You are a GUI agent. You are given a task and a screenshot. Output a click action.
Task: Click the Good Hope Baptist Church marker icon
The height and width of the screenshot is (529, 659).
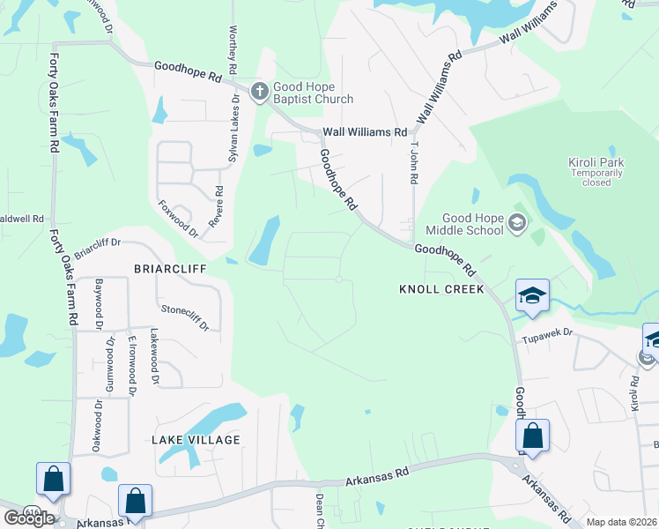(260, 92)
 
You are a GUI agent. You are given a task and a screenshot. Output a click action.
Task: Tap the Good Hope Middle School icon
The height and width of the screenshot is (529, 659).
(517, 226)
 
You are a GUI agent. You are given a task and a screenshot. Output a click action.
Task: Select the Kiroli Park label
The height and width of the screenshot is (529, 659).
(596, 172)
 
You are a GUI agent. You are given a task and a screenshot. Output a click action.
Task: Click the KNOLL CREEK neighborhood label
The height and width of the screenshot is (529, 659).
(441, 289)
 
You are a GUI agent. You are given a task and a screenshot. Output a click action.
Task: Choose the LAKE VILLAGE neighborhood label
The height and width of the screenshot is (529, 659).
(196, 439)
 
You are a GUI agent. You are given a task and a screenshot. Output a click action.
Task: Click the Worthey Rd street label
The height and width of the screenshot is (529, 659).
(233, 48)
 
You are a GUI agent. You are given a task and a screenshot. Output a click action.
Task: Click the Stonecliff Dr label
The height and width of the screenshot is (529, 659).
(185, 317)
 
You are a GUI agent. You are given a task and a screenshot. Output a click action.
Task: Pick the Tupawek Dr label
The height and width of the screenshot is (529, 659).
(547, 334)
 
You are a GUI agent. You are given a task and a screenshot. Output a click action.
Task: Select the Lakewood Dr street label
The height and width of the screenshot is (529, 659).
(154, 357)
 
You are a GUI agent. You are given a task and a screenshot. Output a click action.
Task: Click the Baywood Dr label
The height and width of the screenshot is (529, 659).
(100, 300)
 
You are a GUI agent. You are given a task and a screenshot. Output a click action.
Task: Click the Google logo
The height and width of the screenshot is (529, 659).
(29, 518)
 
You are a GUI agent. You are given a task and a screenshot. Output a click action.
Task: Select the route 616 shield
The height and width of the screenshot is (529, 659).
(33, 511)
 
